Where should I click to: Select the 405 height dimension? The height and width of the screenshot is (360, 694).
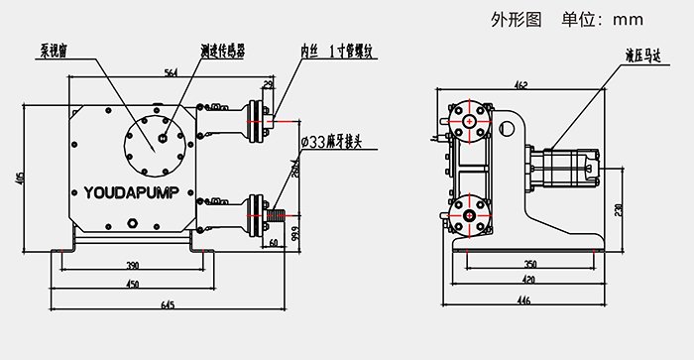pos(21,178)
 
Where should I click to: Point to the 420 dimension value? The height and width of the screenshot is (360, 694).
pos(531,281)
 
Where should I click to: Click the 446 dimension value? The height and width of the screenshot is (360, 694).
pos(523,300)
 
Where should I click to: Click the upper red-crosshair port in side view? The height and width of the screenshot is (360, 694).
pos(468,120)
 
